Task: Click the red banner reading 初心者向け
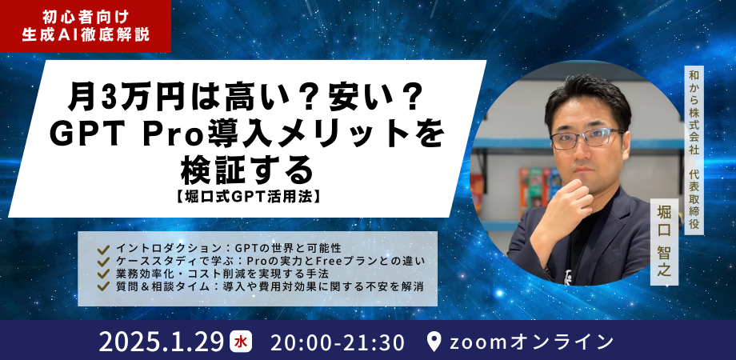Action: (85, 14)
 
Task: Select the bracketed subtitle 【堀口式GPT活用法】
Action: (244, 194)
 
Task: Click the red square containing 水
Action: (239, 342)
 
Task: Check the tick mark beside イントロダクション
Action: (102, 248)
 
